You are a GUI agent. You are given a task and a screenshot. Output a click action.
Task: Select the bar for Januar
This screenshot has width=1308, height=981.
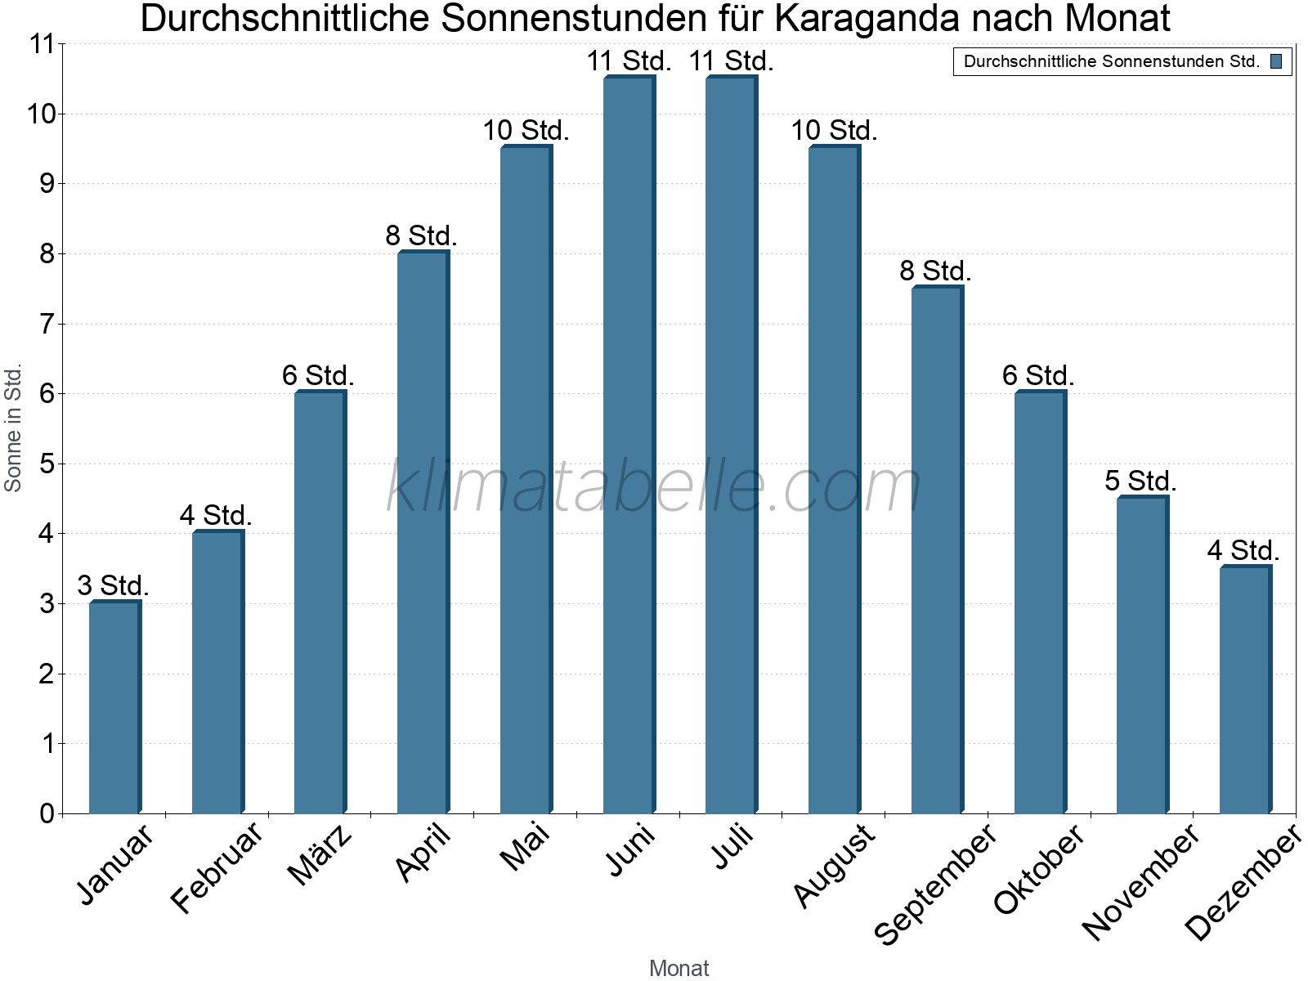tap(114, 707)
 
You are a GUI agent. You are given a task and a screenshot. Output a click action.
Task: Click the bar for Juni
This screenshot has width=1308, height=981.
tap(629, 446)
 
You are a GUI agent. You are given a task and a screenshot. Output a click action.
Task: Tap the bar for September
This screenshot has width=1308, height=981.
tap(937, 549)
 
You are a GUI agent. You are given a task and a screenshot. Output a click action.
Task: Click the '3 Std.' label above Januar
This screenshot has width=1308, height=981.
tap(113, 585)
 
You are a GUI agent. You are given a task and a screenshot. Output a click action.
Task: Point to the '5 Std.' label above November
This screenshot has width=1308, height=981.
tap(1140, 481)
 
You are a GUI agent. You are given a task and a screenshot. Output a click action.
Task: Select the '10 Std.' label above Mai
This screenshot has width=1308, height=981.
tap(526, 130)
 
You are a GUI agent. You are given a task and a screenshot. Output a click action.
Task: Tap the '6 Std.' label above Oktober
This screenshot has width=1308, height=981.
tap(1038, 375)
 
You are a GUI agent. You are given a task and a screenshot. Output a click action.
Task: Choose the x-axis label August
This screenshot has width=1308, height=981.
tap(834, 865)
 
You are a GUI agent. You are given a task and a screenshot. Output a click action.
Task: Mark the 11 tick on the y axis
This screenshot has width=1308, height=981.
tap(41, 44)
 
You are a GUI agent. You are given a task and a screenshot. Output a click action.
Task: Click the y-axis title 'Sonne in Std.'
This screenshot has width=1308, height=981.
tap(13, 428)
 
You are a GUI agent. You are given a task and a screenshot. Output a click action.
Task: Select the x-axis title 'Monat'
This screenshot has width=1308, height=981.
tap(679, 968)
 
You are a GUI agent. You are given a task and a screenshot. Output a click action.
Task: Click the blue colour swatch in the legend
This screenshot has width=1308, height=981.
tap(1276, 61)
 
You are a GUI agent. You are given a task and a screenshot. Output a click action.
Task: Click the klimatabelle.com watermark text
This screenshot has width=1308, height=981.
tap(654, 486)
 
